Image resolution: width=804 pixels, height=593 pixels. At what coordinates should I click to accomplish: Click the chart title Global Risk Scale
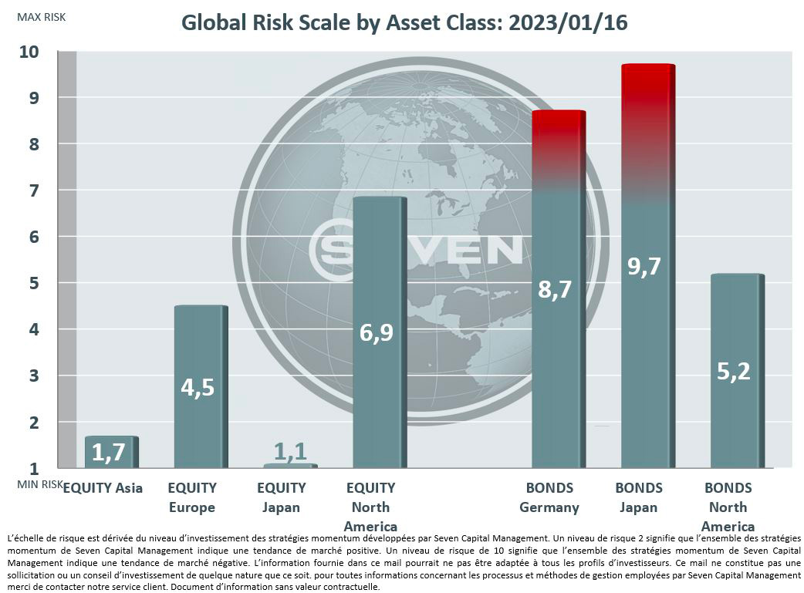pos(404,23)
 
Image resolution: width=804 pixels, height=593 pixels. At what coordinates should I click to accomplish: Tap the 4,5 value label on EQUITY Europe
pos(199,386)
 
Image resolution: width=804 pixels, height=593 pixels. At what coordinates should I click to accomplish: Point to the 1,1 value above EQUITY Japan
pos(289,452)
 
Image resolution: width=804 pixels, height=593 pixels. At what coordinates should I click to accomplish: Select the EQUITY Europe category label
pos(192,497)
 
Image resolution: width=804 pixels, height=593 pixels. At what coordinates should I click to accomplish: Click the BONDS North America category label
pos(728,507)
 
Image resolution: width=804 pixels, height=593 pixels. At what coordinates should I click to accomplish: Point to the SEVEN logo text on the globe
pos(417,249)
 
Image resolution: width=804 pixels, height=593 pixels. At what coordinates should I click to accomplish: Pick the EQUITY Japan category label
pos(281,497)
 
